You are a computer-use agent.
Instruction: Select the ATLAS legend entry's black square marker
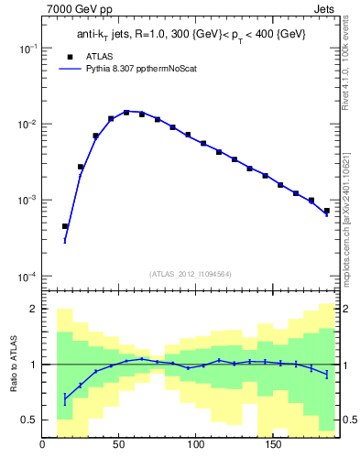(67, 55)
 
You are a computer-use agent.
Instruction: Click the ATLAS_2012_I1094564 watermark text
(190, 273)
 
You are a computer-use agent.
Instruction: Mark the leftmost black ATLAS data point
(65, 225)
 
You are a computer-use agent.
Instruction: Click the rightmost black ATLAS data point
(326, 211)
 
